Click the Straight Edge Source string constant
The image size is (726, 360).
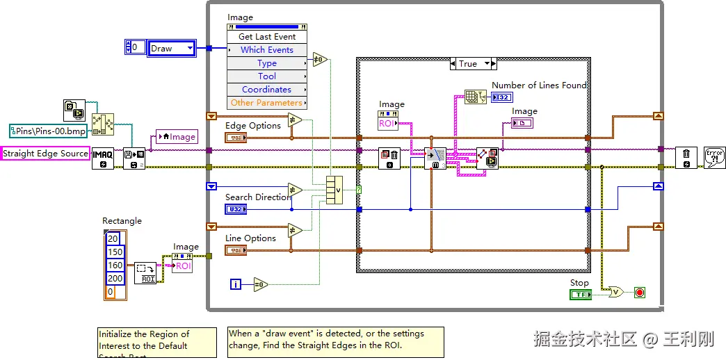pos(46,154)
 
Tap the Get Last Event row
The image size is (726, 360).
pos(267,37)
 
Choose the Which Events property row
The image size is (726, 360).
pos(267,50)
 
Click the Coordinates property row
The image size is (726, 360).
pos(267,90)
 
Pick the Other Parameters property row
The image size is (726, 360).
pos(267,103)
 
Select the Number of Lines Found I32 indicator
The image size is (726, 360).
pos(501,97)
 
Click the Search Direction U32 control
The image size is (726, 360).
pos(235,209)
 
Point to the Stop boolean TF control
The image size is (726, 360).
pos(580,295)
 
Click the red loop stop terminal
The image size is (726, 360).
pos(640,293)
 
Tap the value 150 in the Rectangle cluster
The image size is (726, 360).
pos(115,252)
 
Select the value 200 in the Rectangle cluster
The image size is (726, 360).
pos(115,279)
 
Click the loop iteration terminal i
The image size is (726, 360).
pos(236,284)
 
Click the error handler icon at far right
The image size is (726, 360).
pos(714,157)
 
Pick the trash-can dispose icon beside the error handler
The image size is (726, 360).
pos(686,157)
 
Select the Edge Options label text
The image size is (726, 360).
pos(253,126)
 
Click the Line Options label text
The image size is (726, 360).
pos(250,238)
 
